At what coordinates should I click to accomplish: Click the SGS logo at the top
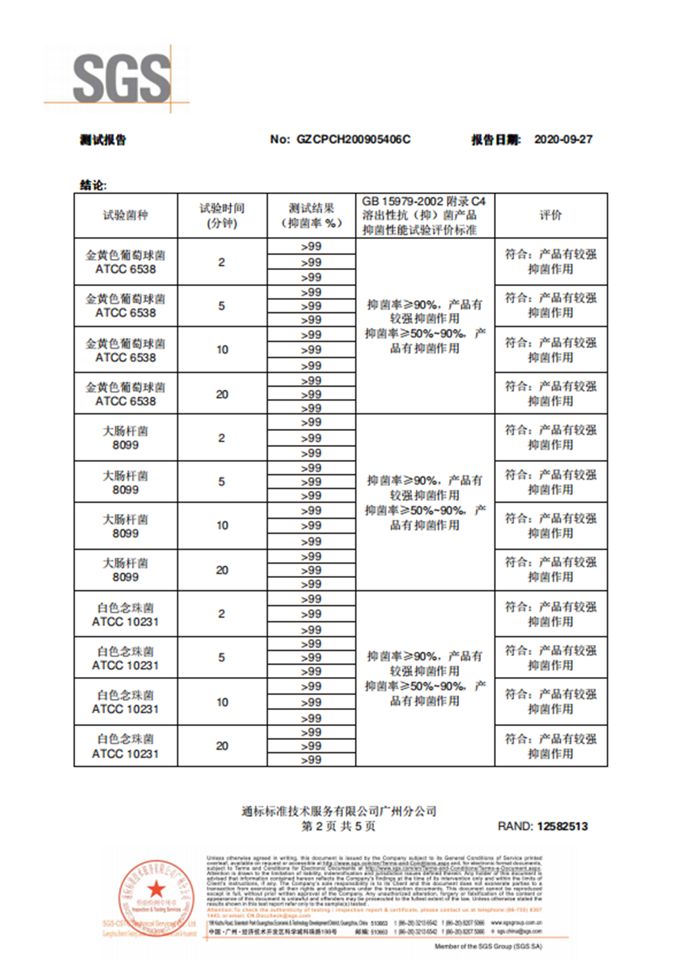[x=122, y=79]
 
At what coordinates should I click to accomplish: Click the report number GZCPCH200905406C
[x=353, y=139]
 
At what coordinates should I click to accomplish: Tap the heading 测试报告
[x=103, y=140]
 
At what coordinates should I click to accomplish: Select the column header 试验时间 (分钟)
[x=222, y=215]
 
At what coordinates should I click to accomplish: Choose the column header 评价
[x=551, y=215]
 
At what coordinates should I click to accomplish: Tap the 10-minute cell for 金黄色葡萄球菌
[x=222, y=349]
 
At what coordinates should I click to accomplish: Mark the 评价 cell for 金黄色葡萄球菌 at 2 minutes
[x=551, y=262]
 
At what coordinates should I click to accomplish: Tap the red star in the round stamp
[x=156, y=888]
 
